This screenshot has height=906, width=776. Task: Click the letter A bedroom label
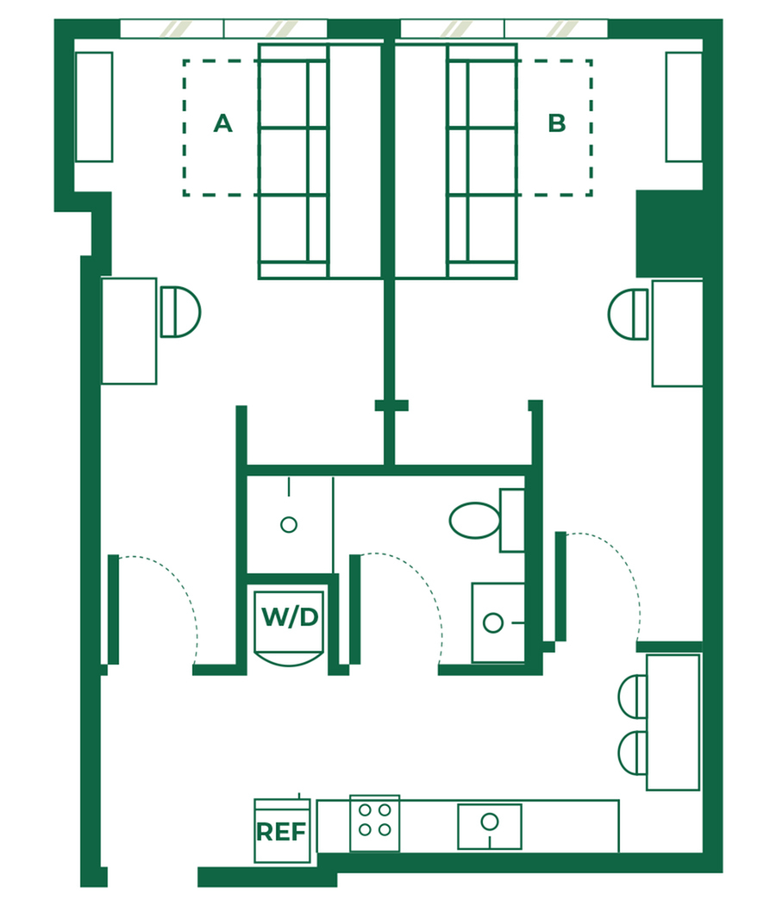[222, 123]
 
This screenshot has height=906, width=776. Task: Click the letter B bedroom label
[556, 123]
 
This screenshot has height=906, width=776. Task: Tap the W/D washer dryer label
[290, 617]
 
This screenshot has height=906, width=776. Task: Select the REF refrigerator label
[281, 832]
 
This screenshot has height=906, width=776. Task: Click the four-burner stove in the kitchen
[374, 822]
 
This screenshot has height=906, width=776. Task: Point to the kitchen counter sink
[490, 827]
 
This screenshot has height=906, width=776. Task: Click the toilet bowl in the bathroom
[475, 520]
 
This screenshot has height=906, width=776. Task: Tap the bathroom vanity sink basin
[493, 623]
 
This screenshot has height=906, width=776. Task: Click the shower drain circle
[289, 525]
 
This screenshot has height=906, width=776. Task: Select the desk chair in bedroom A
[180, 311]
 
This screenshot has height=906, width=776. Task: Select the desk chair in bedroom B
[628, 315]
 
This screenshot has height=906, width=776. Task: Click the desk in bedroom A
[129, 331]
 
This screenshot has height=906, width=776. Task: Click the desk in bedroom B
[677, 334]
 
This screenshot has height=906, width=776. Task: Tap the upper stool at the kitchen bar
[633, 697]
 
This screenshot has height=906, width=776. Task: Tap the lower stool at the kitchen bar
[633, 753]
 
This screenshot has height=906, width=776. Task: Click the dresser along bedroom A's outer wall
[94, 107]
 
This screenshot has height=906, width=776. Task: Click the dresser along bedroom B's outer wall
[684, 107]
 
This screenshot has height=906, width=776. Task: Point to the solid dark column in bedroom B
[670, 234]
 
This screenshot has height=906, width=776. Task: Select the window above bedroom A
[223, 28]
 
